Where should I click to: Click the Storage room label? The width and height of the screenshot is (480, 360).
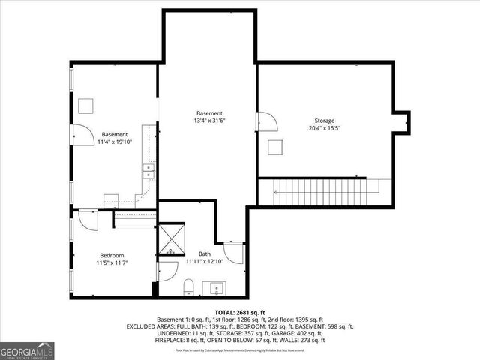click(x=325, y=121)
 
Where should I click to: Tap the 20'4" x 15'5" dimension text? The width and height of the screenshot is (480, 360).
click(x=325, y=129)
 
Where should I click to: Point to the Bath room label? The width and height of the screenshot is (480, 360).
click(x=205, y=254)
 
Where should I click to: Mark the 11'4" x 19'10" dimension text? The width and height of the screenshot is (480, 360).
click(x=115, y=142)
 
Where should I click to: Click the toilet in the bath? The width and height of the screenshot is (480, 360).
click(x=189, y=287)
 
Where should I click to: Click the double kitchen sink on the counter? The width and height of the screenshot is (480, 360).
click(x=148, y=172)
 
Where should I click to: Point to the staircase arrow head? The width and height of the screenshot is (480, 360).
click(x=277, y=193)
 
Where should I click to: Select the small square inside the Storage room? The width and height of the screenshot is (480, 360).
click(x=275, y=148)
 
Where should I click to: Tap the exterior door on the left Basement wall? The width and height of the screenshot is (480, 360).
click(x=79, y=134)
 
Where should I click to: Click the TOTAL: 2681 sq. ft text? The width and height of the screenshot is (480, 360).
click(x=240, y=311)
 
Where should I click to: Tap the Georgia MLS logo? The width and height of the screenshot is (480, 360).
click(x=25, y=351)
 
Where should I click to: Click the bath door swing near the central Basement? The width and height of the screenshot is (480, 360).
click(x=234, y=253)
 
